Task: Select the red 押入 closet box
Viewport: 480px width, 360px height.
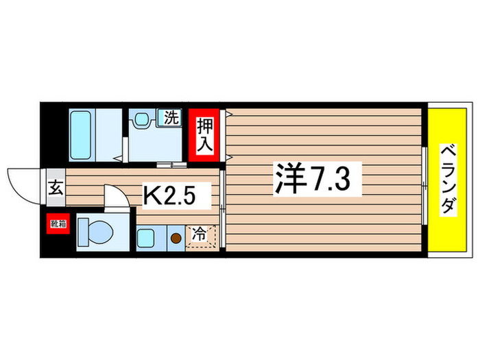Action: pyautogui.click(x=205, y=135)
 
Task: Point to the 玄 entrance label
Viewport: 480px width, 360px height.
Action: pyautogui.click(x=55, y=187)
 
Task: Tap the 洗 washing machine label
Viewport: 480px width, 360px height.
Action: pyautogui.click(x=170, y=118)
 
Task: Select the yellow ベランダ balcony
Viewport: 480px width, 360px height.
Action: pyautogui.click(x=447, y=180)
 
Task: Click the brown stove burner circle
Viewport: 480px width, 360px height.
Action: pyautogui.click(x=177, y=239)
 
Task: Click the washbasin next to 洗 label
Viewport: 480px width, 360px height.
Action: pyautogui.click(x=143, y=119)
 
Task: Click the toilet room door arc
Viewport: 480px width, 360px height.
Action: pyautogui.click(x=117, y=196)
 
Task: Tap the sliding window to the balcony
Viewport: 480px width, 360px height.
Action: pyautogui.click(x=424, y=180)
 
